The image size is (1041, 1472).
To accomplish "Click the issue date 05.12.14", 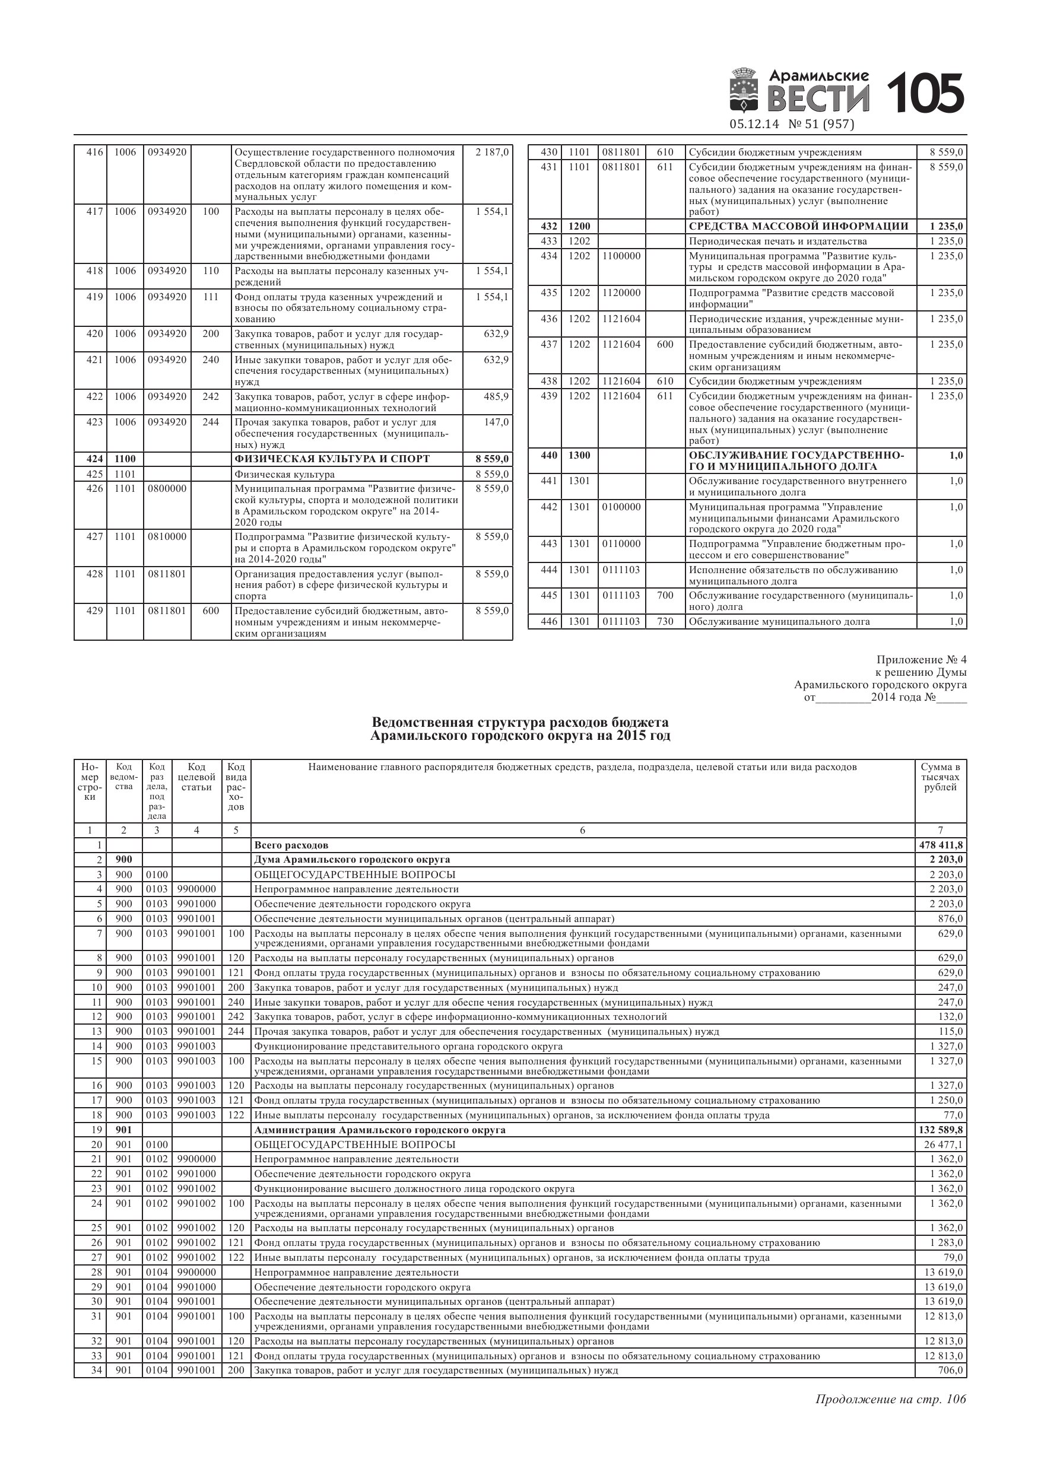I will pos(754,125).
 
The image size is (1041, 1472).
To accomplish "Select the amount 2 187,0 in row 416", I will pos(492,152).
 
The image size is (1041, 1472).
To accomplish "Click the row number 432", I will pos(548,226).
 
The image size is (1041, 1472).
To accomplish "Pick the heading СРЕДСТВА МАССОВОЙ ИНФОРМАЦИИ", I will pos(798,226).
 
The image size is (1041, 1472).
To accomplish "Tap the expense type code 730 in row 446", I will pos(665,621).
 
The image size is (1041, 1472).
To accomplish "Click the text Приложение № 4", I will pos(921,660).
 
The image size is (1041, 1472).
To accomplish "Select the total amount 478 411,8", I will pos(941,845).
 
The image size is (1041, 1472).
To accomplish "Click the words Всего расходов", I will pos(291,845).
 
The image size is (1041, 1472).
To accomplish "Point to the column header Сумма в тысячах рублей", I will pos(940,777).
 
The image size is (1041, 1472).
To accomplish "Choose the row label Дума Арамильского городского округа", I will pos(352,860).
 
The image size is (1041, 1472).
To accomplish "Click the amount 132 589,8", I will pos(941,1130).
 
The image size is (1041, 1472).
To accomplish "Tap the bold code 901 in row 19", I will pos(124,1130).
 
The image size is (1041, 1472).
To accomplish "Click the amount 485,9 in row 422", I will pos(496,397).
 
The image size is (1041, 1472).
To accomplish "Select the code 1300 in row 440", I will pos(579,456).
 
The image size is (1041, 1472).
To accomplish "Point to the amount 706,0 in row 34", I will pos(950,1370).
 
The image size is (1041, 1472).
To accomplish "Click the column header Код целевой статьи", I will pos(196,777).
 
